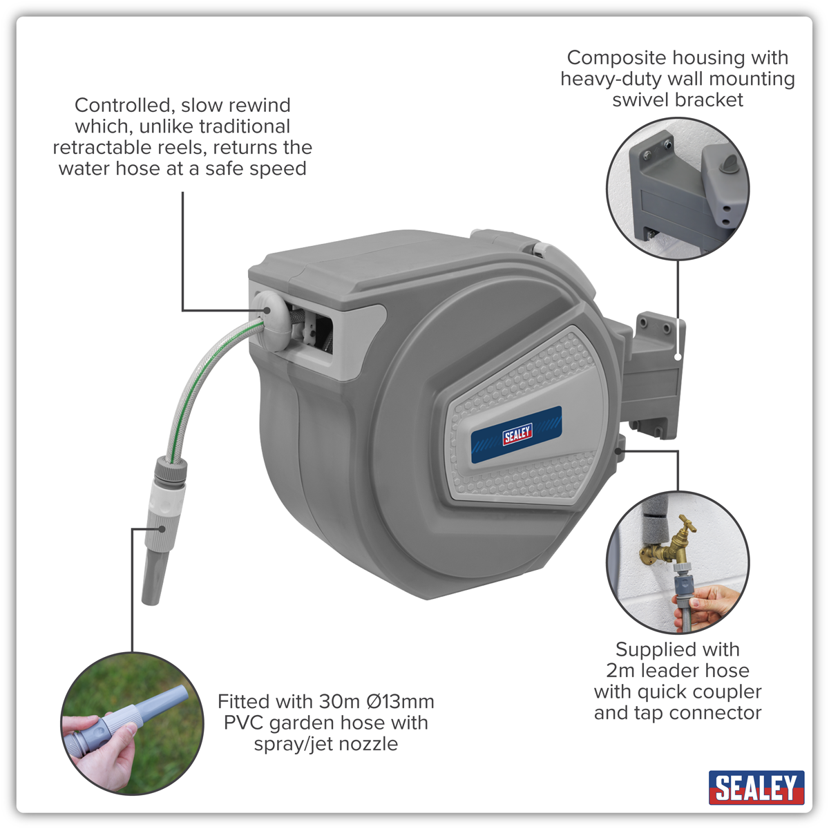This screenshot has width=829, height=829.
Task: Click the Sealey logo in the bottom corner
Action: point(756,788)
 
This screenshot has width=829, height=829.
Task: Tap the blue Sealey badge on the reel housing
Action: point(517,435)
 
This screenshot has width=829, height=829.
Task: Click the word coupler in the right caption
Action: point(727,692)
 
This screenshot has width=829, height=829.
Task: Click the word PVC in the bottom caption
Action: point(244,723)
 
